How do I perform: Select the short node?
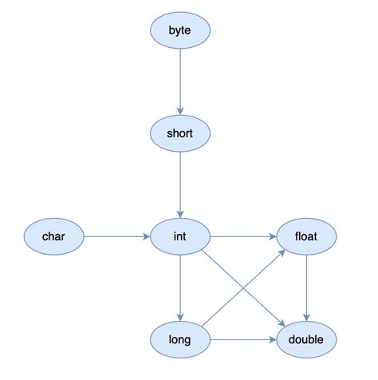[180, 133]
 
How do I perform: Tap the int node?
[180, 236]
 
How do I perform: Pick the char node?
[53, 236]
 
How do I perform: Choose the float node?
[307, 236]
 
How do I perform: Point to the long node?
[180, 340]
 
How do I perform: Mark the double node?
[307, 340]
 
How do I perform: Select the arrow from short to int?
[180, 184]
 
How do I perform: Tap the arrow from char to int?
[116, 236]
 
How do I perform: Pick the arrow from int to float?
[243, 236]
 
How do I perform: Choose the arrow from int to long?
[180, 288]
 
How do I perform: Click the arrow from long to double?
[243, 340]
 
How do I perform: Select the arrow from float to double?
[307, 288]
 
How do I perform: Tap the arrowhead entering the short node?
[180, 111]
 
